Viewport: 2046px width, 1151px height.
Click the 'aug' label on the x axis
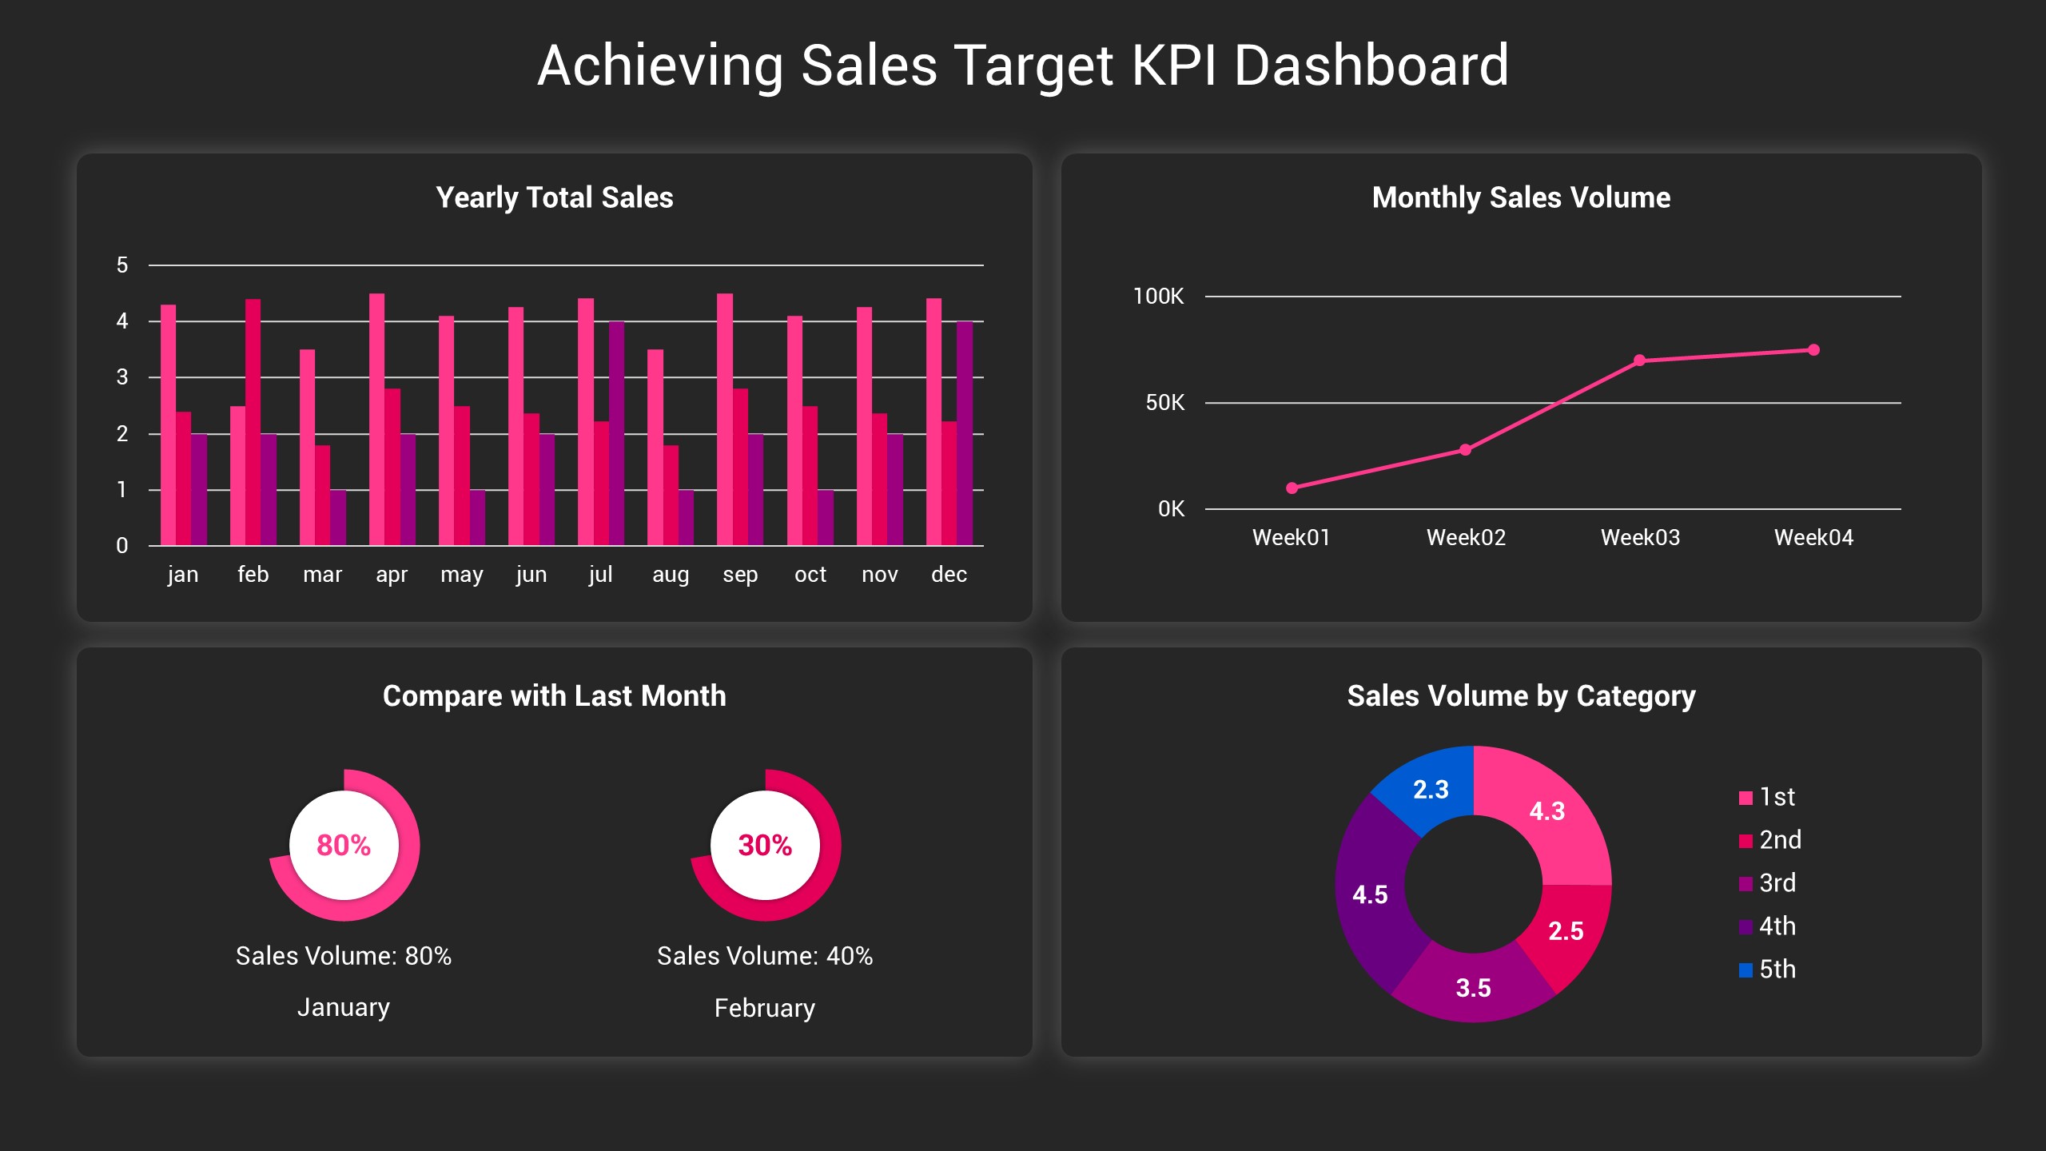tap(670, 574)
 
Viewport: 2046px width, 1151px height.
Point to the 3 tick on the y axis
tap(122, 377)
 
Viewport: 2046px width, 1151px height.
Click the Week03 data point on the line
tap(1639, 360)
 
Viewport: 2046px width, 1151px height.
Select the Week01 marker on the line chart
tap(1292, 488)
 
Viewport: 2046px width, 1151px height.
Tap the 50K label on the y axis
tap(1164, 403)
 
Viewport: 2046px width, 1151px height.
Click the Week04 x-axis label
tap(1813, 537)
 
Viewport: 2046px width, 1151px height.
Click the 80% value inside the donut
tap(344, 845)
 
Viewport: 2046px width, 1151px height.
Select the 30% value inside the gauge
tap(765, 845)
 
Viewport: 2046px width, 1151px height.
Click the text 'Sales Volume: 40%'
tap(765, 956)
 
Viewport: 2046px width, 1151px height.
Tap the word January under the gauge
tap(344, 1007)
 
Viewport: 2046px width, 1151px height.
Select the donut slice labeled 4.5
tap(1370, 894)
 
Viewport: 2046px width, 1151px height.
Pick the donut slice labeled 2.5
tap(1566, 930)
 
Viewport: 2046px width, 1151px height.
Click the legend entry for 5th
tap(1768, 970)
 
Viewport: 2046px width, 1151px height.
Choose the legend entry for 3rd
tap(1768, 883)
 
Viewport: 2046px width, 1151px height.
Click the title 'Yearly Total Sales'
tap(554, 197)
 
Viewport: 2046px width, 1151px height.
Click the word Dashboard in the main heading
tap(1371, 66)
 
